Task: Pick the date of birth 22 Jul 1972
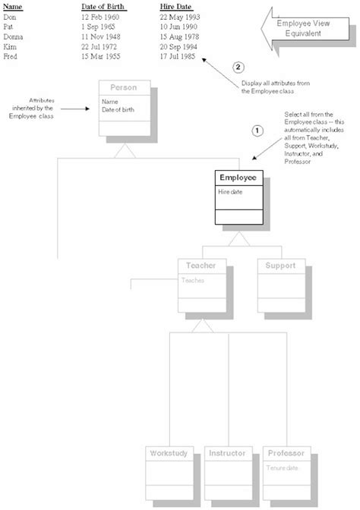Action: pos(101,46)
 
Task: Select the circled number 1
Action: pos(256,131)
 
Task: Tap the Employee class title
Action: pos(237,178)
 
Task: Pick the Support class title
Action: pos(280,266)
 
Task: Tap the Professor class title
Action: pos(287,453)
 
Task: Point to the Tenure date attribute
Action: pos(281,467)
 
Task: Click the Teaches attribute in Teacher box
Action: pos(193,280)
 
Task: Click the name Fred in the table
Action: pos(11,55)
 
